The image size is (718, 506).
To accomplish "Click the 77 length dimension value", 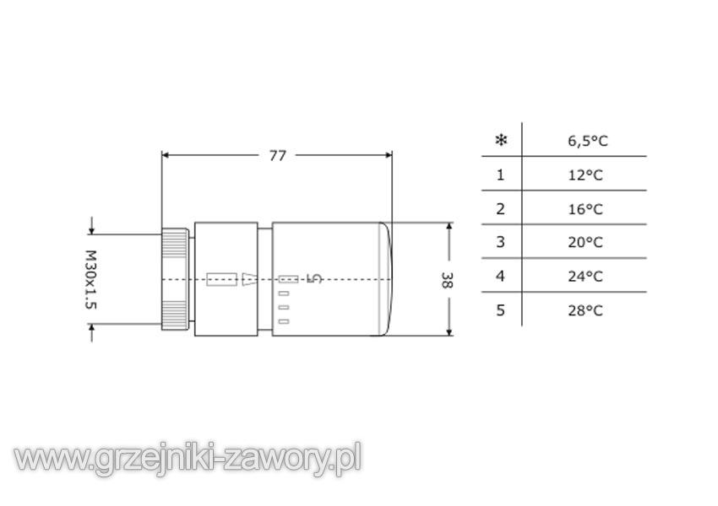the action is click(x=278, y=155).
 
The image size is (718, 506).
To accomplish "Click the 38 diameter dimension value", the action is click(x=447, y=280).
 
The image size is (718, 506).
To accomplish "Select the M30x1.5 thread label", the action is click(x=91, y=279).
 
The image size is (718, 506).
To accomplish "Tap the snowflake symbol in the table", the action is click(x=502, y=140).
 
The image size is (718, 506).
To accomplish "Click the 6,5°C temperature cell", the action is click(x=588, y=141).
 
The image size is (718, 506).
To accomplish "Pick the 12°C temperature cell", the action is click(x=585, y=175).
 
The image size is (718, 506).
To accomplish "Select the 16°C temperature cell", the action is click(x=585, y=209).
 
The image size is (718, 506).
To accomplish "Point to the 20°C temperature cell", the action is click(x=585, y=242).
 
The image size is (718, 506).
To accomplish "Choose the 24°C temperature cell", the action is click(x=585, y=277).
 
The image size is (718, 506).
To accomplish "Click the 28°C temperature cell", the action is click(x=585, y=311).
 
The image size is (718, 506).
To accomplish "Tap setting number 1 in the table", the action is click(x=501, y=175).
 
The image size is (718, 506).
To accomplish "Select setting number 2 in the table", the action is click(x=501, y=208).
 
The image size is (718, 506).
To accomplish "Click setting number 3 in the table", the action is click(x=501, y=242).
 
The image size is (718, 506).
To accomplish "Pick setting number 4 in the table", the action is click(x=501, y=276).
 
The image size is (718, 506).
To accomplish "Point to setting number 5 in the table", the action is click(x=501, y=310).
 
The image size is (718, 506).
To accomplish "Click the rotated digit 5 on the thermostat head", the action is click(x=314, y=278).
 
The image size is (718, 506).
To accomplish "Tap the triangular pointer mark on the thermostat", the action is click(x=249, y=279).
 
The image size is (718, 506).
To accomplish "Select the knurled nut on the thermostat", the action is click(x=175, y=279).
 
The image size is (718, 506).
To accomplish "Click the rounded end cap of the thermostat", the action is click(x=385, y=279).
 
